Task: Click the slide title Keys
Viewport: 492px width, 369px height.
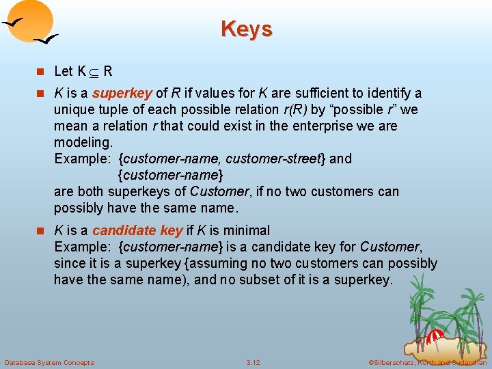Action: pyautogui.click(x=246, y=29)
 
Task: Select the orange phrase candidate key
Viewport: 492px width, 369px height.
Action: pyautogui.click(x=137, y=230)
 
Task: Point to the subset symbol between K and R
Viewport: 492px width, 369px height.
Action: pyautogui.click(x=94, y=71)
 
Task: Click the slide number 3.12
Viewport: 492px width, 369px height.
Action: pyautogui.click(x=253, y=362)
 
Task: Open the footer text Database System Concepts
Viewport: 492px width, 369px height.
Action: pyautogui.click(x=49, y=362)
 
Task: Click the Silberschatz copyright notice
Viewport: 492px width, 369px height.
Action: pyautogui.click(x=427, y=362)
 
